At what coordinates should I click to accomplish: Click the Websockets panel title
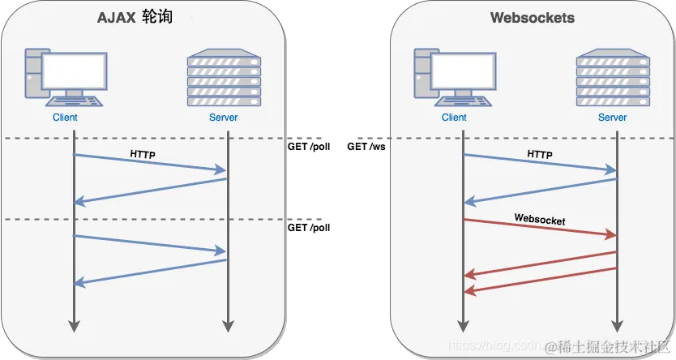(x=533, y=18)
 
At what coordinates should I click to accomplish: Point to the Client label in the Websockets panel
(x=454, y=118)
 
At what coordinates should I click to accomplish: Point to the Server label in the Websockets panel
(x=612, y=118)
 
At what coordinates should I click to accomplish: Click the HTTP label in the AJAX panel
(x=143, y=153)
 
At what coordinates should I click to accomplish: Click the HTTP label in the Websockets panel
(x=540, y=153)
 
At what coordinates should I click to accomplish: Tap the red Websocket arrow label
(x=540, y=219)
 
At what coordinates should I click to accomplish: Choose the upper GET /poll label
(x=309, y=148)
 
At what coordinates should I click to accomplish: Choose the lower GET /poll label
(x=309, y=228)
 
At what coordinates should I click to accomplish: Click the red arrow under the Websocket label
(x=540, y=227)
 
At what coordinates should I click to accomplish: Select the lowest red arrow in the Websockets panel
(x=540, y=279)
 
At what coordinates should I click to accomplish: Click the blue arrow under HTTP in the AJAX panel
(x=150, y=162)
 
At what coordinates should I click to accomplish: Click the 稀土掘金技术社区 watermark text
(x=610, y=347)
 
